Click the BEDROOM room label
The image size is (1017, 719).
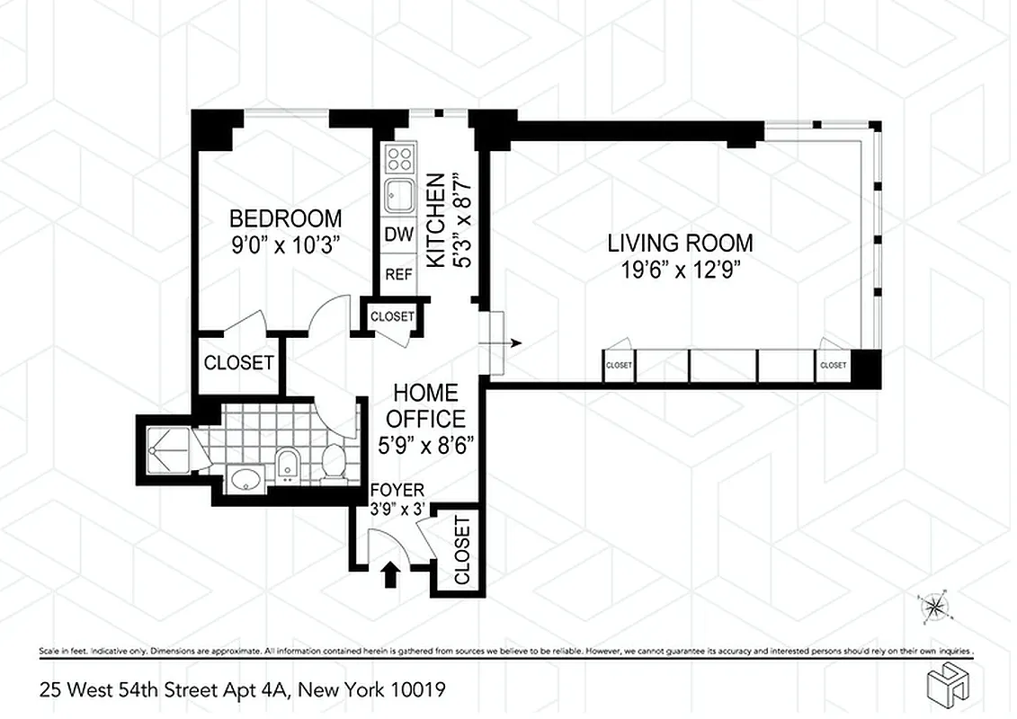pyautogui.click(x=285, y=218)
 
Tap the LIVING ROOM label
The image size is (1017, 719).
pyautogui.click(x=680, y=243)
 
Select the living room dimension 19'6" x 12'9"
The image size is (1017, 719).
pyautogui.click(x=680, y=268)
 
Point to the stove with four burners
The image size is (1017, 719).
pyautogui.click(x=399, y=160)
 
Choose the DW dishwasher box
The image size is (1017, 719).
pyautogui.click(x=399, y=236)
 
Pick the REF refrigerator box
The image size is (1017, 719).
pyautogui.click(x=399, y=274)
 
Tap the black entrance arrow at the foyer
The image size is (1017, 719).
pyautogui.click(x=391, y=574)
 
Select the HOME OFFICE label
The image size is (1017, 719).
pyautogui.click(x=427, y=405)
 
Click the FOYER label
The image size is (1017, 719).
pyautogui.click(x=397, y=491)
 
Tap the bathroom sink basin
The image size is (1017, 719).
pyautogui.click(x=245, y=479)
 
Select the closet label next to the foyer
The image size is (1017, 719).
pyautogui.click(x=461, y=550)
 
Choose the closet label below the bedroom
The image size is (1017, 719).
pyautogui.click(x=238, y=363)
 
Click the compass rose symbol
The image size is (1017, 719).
pyautogui.click(x=935, y=608)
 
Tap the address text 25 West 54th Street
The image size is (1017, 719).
pyautogui.click(x=242, y=690)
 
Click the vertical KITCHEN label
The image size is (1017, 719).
pyautogui.click(x=435, y=221)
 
